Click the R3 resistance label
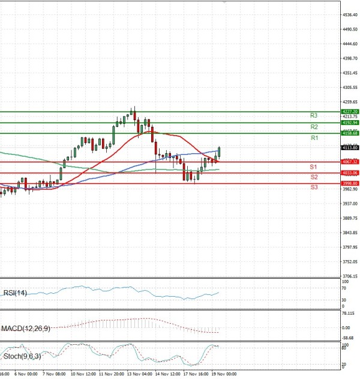tap(314, 115)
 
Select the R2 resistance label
tap(314, 127)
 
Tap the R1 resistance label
tap(314, 138)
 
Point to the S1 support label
tap(313, 166)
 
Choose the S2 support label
tap(314, 177)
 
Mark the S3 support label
tap(314, 188)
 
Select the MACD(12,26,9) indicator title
tap(25, 328)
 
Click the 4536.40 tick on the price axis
tap(350, 15)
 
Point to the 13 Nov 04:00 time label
tap(139, 374)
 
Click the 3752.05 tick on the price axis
tap(350, 262)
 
